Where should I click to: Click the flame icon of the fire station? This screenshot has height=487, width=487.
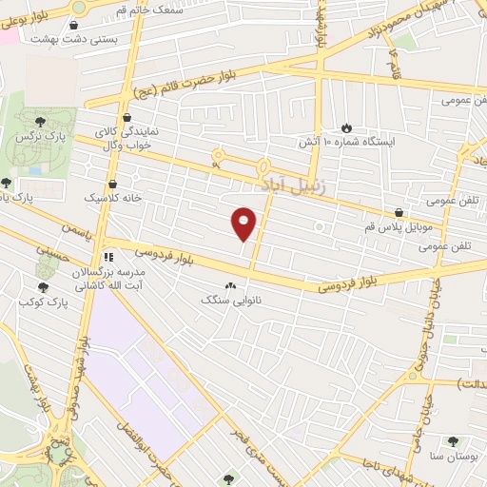[345, 127]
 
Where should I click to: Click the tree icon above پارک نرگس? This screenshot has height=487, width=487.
[40, 122]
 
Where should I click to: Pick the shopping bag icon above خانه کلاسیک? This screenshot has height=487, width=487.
[113, 184]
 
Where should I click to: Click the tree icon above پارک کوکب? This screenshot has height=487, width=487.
[42, 286]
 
